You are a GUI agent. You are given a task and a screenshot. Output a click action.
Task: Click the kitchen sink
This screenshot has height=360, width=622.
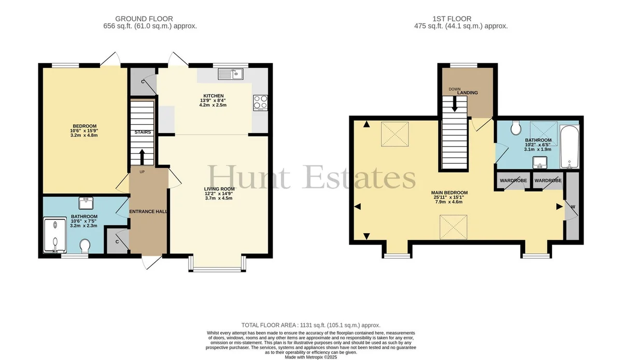tap(231, 74)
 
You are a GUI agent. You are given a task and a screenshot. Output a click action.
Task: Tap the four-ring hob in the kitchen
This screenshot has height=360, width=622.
tap(260, 103)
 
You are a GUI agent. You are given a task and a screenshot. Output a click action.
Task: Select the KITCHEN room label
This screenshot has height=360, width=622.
tap(213, 96)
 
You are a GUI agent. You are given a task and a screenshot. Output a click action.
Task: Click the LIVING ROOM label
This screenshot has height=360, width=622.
tap(219, 189)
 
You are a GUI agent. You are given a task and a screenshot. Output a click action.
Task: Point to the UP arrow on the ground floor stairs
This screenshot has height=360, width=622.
tap(142, 157)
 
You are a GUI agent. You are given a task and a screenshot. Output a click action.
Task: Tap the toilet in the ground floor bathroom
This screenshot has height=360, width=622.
tap(84, 246)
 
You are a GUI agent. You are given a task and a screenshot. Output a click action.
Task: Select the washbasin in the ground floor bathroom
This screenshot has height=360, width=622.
tap(86, 203)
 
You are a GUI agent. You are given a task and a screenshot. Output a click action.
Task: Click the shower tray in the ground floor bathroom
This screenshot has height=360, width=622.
tap(55, 235)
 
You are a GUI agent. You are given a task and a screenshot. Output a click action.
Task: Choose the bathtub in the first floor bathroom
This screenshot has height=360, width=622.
tap(570, 147)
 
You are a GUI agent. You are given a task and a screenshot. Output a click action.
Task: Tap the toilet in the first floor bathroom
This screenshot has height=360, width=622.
tap(516, 128)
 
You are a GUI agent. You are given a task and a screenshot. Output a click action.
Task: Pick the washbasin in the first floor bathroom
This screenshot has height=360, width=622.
tap(540, 162)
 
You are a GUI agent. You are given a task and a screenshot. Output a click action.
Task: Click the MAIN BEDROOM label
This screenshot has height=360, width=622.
tap(449, 193)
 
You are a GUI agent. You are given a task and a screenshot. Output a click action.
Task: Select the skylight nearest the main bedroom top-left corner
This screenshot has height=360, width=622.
tap(394, 134)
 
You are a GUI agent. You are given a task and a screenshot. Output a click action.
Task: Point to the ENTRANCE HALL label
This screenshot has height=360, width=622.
tap(149, 211)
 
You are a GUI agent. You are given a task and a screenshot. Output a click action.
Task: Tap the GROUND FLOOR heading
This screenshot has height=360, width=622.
tap(144, 19)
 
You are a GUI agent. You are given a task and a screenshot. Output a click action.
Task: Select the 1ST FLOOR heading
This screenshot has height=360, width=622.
tap(452, 19)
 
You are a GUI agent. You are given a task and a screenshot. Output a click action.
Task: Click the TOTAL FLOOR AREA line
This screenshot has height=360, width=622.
tap(310, 325)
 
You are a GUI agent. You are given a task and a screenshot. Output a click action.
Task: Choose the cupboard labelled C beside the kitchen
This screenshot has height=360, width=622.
tap(143, 81)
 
